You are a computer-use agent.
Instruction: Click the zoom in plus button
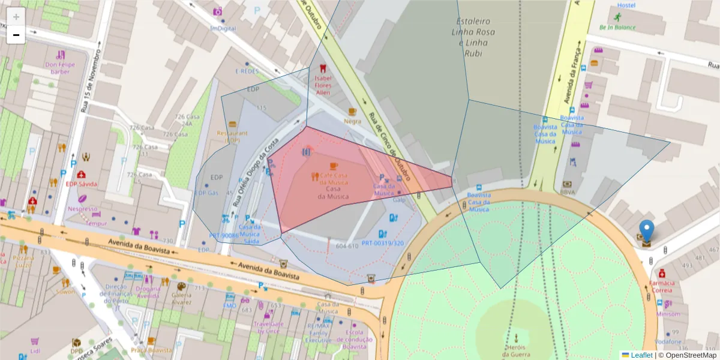[x=16, y=17]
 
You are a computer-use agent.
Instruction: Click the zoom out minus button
[x=16, y=35]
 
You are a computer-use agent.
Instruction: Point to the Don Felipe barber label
[x=60, y=68]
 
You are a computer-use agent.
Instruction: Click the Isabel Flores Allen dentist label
[x=323, y=85]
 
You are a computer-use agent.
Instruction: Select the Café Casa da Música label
[x=329, y=178]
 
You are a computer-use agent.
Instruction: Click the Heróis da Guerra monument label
[x=516, y=351]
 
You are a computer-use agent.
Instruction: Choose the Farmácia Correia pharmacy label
[x=662, y=286]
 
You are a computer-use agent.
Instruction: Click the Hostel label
[x=626, y=5]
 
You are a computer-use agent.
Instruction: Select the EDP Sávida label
[x=81, y=184]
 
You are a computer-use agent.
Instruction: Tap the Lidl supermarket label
[x=35, y=350]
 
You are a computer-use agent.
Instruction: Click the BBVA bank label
[x=567, y=193]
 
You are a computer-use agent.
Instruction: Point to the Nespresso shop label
[x=82, y=209]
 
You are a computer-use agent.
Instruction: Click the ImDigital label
[x=223, y=28]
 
